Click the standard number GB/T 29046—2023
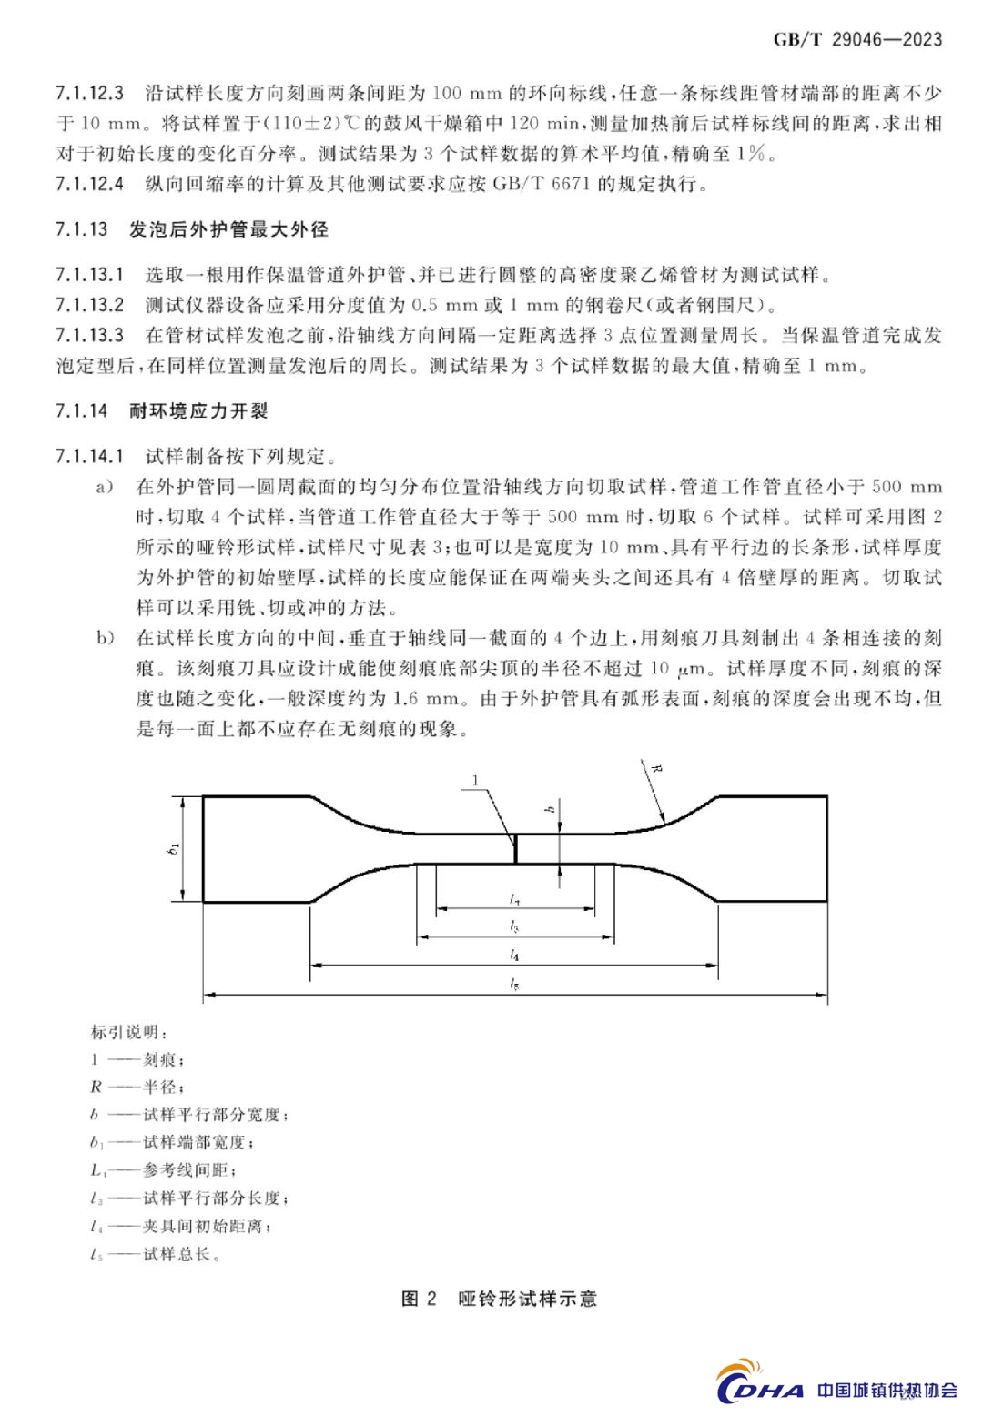[x=857, y=38]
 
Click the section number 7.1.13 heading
[x=82, y=229]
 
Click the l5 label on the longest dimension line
[x=515, y=984]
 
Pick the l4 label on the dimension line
[x=515, y=956]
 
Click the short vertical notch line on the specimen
[x=515, y=849]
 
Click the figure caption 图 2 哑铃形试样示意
[x=499, y=1299]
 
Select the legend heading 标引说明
[x=129, y=1032]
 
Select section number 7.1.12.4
[x=88, y=184]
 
